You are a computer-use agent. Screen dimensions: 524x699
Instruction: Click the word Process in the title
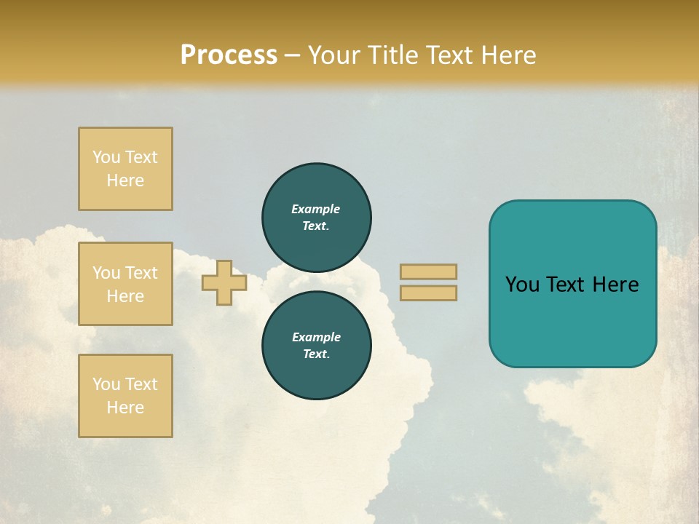click(229, 55)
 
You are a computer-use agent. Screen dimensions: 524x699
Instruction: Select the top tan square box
click(125, 169)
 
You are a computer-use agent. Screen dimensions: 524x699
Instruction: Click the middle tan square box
click(125, 284)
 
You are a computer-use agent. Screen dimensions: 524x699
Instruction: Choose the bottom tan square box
click(125, 396)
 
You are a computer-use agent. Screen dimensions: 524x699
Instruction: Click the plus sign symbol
click(224, 282)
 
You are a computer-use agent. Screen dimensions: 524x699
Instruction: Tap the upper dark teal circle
click(317, 217)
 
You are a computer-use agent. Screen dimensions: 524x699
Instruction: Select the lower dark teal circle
click(317, 345)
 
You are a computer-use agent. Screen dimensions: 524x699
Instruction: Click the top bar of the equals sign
click(428, 272)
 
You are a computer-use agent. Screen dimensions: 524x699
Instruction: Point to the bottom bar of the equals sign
click(428, 293)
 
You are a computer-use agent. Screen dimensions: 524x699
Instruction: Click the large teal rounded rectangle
click(572, 320)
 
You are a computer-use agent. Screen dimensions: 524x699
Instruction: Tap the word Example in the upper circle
click(316, 209)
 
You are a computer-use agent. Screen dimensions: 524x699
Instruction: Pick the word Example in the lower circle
click(316, 337)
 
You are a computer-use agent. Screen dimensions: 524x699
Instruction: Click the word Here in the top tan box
click(125, 180)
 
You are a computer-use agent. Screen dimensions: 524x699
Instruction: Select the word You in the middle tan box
click(106, 273)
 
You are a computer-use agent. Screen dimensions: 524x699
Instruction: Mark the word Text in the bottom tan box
click(141, 384)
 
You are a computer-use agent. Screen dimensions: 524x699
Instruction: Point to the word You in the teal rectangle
click(522, 285)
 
